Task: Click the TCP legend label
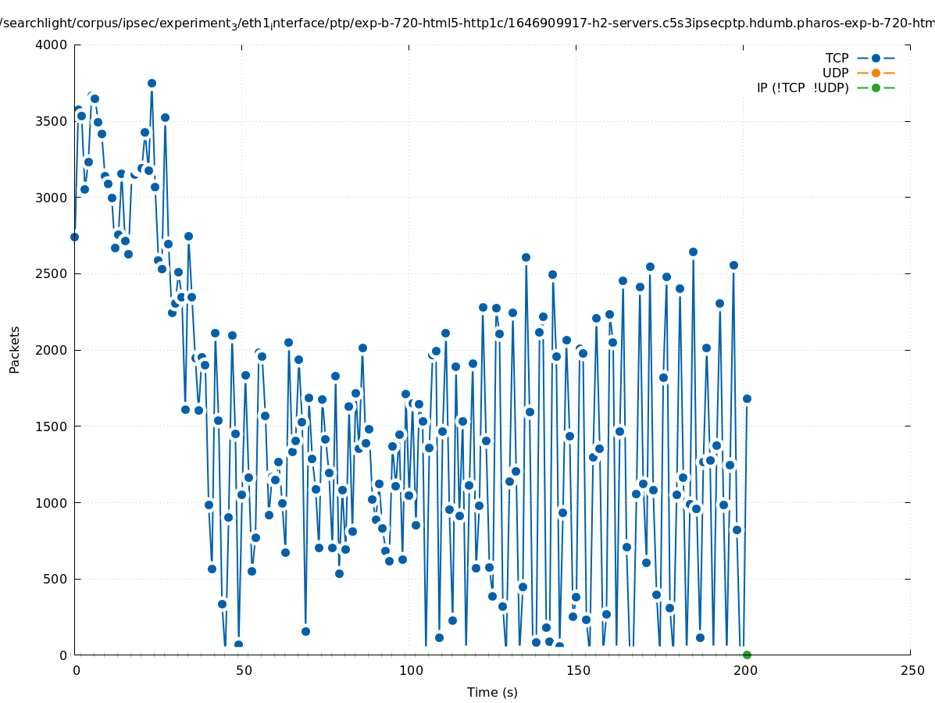pyautogui.click(x=837, y=58)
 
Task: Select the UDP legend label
pyautogui.click(x=835, y=73)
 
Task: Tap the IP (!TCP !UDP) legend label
pyautogui.click(x=802, y=87)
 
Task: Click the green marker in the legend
pyautogui.click(x=876, y=87)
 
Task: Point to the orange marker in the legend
pyautogui.click(x=876, y=73)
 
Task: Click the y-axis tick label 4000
pyautogui.click(x=52, y=45)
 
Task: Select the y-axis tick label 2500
pyautogui.click(x=52, y=273)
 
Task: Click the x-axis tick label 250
pyautogui.click(x=911, y=670)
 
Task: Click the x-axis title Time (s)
pyautogui.click(x=492, y=692)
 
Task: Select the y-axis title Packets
pyautogui.click(x=15, y=349)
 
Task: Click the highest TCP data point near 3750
pyautogui.click(x=152, y=83)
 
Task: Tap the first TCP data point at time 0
pyautogui.click(x=74, y=237)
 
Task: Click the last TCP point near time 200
pyautogui.click(x=747, y=398)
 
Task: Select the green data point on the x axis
pyautogui.click(x=747, y=655)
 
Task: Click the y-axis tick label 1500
pyautogui.click(x=52, y=426)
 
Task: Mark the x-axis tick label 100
pyautogui.click(x=411, y=670)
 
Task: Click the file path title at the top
pyautogui.click(x=467, y=23)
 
